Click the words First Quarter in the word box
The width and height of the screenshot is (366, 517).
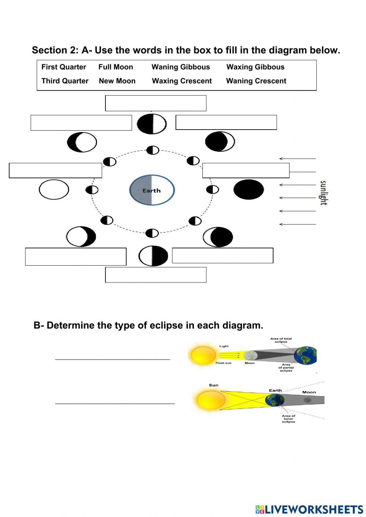64,67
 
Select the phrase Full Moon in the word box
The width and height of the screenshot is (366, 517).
116,67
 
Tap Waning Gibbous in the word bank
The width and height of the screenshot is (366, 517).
181,67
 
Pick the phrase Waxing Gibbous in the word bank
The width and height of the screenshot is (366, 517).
255,67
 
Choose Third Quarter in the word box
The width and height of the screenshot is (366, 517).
65,81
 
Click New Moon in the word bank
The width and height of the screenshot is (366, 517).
117,81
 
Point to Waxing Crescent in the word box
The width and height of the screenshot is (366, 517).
182,81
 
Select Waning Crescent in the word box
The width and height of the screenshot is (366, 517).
256,81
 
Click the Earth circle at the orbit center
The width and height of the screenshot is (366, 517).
152,190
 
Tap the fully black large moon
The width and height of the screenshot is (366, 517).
249,190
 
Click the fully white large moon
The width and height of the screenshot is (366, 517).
54,190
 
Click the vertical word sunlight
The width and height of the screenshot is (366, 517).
323,192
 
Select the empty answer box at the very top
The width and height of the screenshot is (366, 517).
156,103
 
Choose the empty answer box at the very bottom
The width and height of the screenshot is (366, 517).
156,275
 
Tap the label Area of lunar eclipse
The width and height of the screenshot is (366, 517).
288,419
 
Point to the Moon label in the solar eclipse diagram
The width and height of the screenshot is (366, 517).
250,363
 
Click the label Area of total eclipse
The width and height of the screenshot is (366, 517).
281,340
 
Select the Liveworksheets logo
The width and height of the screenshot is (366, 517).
309,509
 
